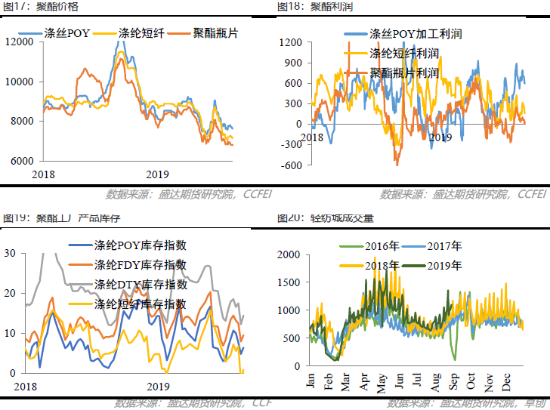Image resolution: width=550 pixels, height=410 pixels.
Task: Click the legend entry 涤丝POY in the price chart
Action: (x=73, y=34)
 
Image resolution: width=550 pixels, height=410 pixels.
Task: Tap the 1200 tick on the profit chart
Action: (x=291, y=42)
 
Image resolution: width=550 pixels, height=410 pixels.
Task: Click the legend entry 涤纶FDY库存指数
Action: (x=141, y=265)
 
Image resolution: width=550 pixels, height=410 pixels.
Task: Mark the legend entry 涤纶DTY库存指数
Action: (x=141, y=285)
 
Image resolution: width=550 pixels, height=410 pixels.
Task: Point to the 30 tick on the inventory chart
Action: (x=10, y=254)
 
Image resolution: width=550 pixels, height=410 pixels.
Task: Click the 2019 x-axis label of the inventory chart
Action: (x=157, y=386)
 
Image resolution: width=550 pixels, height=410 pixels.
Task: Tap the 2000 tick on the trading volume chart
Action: (x=289, y=255)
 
